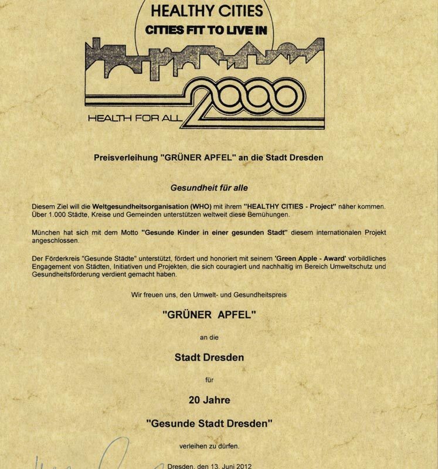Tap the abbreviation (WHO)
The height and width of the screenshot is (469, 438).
(x=203, y=207)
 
